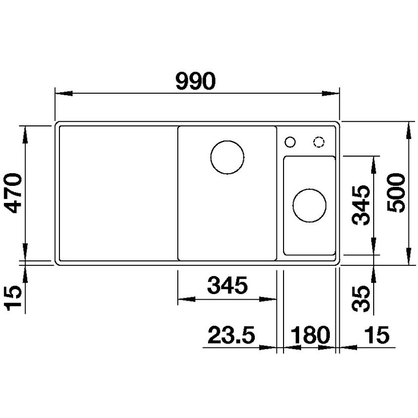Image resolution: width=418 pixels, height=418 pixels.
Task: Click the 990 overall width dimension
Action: (x=195, y=81)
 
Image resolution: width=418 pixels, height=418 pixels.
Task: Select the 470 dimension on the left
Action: (x=14, y=193)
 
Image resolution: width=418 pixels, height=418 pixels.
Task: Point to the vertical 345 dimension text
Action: (x=361, y=205)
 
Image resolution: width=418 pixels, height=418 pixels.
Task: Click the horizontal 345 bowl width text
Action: (x=228, y=285)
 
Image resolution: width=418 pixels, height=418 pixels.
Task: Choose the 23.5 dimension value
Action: (x=231, y=334)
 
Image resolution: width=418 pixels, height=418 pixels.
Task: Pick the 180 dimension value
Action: (x=310, y=334)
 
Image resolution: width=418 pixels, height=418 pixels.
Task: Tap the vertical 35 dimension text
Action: (x=361, y=299)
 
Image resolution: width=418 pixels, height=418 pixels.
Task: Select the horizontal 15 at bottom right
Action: (x=377, y=334)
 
